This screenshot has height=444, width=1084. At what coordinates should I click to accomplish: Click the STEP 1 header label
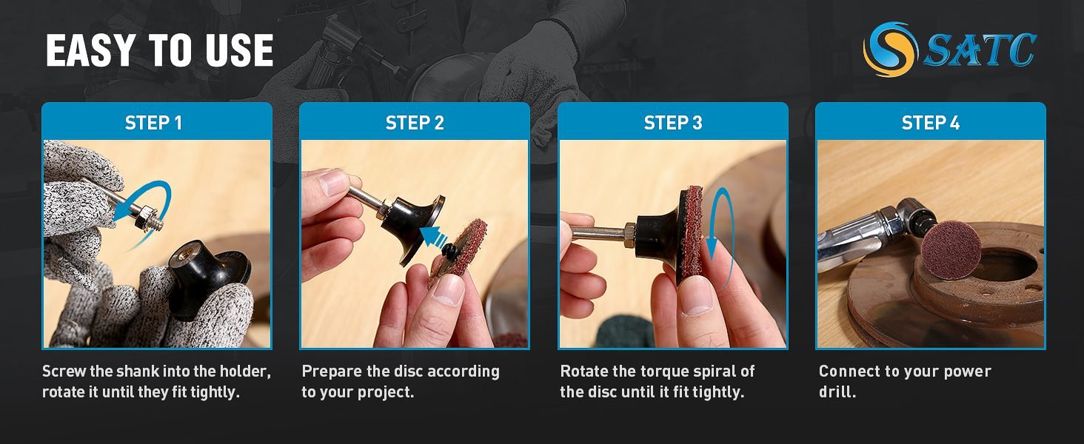153,123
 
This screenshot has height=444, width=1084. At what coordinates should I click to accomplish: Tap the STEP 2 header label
415,123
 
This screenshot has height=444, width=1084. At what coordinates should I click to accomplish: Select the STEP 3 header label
673,123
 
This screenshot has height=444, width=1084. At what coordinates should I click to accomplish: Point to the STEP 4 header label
931,123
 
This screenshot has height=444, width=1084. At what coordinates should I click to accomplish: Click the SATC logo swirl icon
891,49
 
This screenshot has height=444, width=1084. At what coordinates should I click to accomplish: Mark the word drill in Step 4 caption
835,392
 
